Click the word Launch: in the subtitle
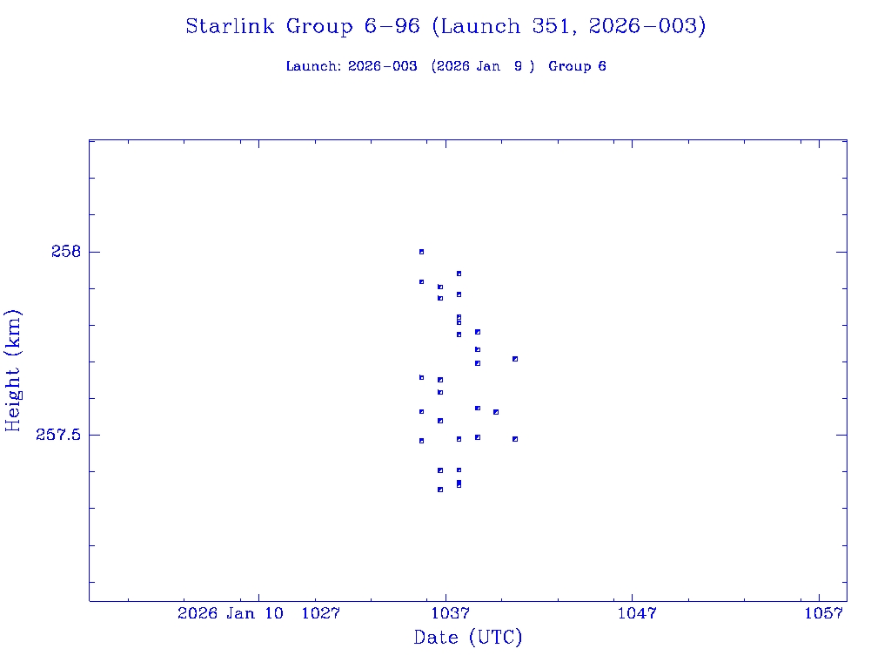click(313, 66)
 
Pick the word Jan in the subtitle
click(486, 66)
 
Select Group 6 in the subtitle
click(577, 66)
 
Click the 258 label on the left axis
click(65, 252)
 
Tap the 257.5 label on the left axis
click(57, 435)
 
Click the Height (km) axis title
click(13, 370)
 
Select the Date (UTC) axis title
click(468, 638)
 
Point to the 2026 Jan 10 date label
click(231, 613)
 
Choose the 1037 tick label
click(446, 613)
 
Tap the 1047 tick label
click(635, 613)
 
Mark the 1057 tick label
click(823, 613)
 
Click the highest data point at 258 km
click(421, 252)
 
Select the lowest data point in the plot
click(440, 490)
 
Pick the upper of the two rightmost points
click(515, 359)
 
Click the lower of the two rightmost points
click(515, 439)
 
